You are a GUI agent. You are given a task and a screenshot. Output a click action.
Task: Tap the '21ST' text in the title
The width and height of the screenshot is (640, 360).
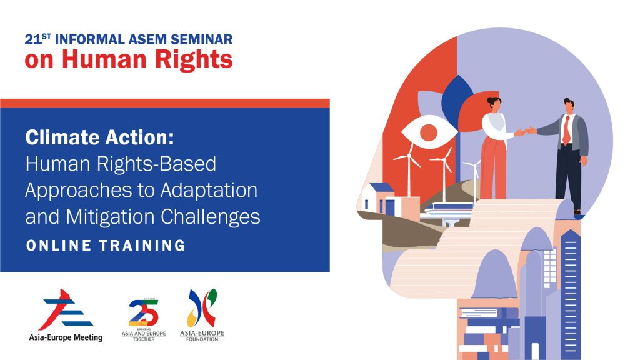[36, 39]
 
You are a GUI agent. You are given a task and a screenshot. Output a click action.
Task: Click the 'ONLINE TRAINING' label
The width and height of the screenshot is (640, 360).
[106, 246]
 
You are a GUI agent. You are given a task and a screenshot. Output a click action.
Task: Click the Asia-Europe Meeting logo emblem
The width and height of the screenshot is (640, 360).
[65, 310]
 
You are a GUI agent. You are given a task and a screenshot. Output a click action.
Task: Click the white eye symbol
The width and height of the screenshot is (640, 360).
[428, 132]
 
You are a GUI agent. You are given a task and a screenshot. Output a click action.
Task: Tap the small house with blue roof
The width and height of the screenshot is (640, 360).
[380, 199]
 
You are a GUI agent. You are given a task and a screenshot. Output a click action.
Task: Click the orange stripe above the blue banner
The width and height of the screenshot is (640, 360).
[164, 103]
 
